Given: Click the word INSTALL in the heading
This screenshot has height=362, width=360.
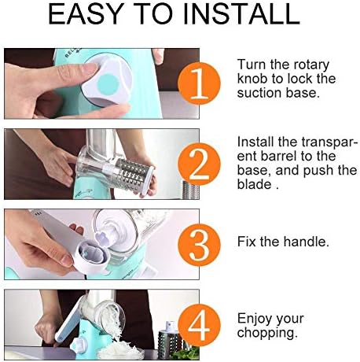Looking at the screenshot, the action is point(241,13).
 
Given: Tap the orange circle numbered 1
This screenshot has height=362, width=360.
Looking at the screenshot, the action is point(199,83).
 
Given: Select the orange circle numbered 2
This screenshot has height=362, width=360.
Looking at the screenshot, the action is point(199,164).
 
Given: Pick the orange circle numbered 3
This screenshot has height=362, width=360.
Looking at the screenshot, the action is point(199,245).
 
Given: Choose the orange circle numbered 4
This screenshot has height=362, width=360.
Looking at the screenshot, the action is point(199,326).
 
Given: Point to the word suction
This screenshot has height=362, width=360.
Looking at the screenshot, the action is point(259,93).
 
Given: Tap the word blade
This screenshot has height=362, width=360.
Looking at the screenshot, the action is point(255,184).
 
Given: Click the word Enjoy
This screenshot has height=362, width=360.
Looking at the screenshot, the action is point(255,320).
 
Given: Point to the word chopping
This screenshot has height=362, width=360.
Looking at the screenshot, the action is point(267,334).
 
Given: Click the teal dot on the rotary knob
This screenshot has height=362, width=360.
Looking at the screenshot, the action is point(108,84).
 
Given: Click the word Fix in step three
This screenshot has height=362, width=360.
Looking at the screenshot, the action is point(247,242).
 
